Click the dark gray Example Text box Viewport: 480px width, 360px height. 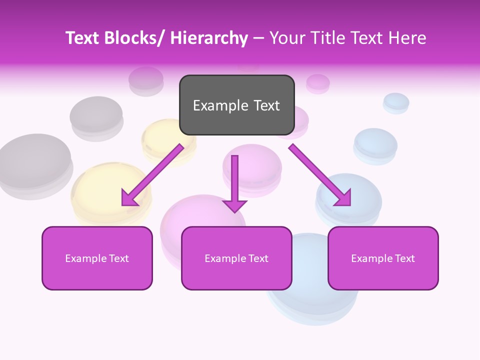(236, 105)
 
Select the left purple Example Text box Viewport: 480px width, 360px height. (97, 258)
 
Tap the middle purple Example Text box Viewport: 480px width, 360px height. (236, 258)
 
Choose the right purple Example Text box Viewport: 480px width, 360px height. (383, 258)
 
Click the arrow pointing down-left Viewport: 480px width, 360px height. (153, 174)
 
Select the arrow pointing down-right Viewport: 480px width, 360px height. (320, 174)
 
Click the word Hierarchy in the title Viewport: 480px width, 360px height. (209, 38)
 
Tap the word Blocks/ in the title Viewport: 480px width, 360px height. (134, 38)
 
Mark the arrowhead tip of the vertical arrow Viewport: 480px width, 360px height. (235, 211)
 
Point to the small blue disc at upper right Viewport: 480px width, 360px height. (396, 102)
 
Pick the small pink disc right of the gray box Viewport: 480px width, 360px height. (317, 83)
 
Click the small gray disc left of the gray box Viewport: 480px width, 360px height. (145, 80)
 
